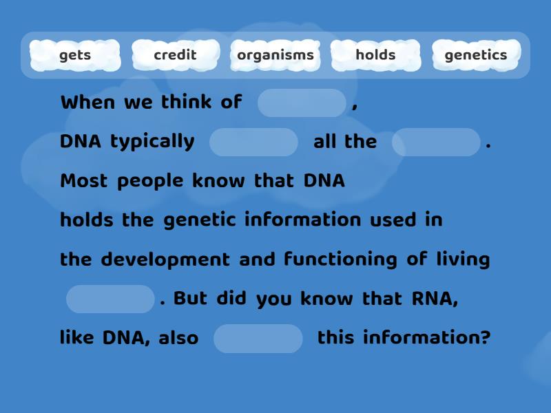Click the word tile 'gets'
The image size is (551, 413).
click(x=75, y=55)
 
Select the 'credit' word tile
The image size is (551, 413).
click(x=175, y=55)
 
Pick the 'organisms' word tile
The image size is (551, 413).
click(x=275, y=55)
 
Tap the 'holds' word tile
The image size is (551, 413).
click(x=375, y=55)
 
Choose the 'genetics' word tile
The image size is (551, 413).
click(x=476, y=55)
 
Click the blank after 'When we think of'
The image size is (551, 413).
click(x=302, y=103)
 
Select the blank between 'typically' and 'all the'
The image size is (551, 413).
click(x=253, y=142)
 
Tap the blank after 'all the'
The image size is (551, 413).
click(x=436, y=142)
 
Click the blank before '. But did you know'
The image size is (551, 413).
click(x=110, y=299)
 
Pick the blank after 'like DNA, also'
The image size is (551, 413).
click(x=258, y=338)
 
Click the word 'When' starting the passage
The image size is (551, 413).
click(x=88, y=103)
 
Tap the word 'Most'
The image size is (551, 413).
click(x=84, y=181)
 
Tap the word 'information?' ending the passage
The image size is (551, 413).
click(x=426, y=338)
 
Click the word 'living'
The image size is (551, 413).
click(x=463, y=260)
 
